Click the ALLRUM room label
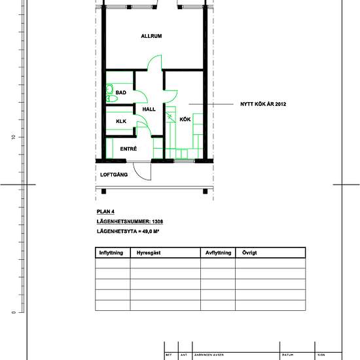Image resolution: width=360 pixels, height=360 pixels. [x=151, y=36]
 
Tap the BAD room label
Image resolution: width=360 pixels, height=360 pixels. [x=120, y=93]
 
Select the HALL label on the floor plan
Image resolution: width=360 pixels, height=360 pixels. [x=149, y=109]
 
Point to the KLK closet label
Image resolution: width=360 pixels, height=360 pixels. [x=120, y=122]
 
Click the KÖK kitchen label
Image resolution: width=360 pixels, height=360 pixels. [x=185, y=118]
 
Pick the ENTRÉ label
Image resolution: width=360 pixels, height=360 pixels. [x=128, y=149]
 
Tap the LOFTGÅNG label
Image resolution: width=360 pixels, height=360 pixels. [x=113, y=175]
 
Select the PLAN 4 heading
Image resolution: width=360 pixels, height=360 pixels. [x=106, y=211]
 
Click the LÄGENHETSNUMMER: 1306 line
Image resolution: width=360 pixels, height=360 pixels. [x=130, y=222]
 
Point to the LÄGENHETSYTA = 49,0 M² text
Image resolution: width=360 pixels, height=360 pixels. [x=129, y=232]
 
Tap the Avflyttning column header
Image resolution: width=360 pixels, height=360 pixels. [x=217, y=253]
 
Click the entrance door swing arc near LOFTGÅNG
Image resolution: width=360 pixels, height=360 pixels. [x=142, y=171]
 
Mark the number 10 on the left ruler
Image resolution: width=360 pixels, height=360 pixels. [x=12, y=137]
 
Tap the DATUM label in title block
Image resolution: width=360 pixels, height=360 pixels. [x=286, y=355]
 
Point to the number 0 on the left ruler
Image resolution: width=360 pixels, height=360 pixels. [x=12, y=312]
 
